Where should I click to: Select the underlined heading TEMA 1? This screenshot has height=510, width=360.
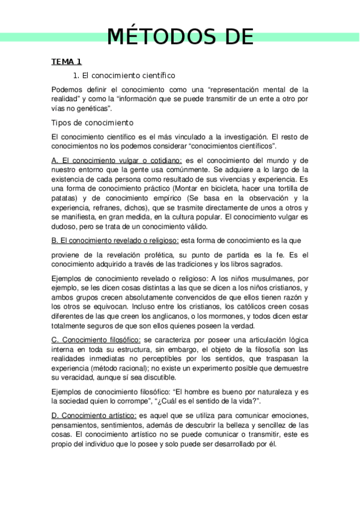(66, 62)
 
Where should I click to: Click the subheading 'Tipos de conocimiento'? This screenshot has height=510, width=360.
(92, 123)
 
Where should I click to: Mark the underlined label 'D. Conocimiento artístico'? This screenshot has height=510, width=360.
(94, 416)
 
